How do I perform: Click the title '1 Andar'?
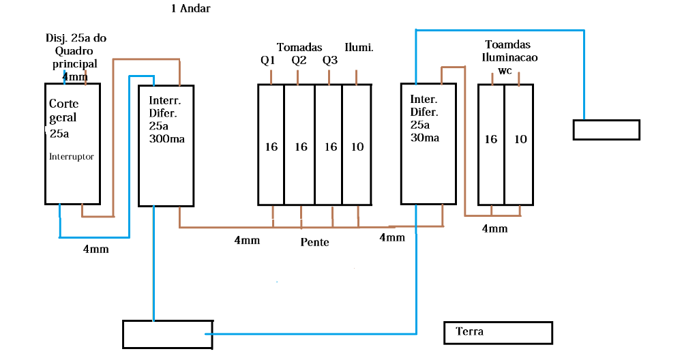coord(191,9)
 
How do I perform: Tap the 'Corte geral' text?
coord(63,110)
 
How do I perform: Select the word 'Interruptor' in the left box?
coord(71,156)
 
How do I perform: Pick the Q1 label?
coord(268,60)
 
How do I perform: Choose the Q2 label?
coord(299,60)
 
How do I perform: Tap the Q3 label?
coord(330,60)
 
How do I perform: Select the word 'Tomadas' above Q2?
coord(299,47)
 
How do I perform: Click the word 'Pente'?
coord(314,241)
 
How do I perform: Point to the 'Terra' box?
coord(497,333)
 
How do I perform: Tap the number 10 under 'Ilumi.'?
coord(357,147)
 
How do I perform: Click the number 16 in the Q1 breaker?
coord(271,147)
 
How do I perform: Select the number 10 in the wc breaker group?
coord(520,139)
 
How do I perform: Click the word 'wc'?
coord(505,70)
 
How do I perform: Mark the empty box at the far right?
coord(606,130)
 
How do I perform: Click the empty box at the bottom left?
coord(167,333)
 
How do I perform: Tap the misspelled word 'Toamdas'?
coord(505,44)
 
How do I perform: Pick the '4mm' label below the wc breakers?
coord(494,228)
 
